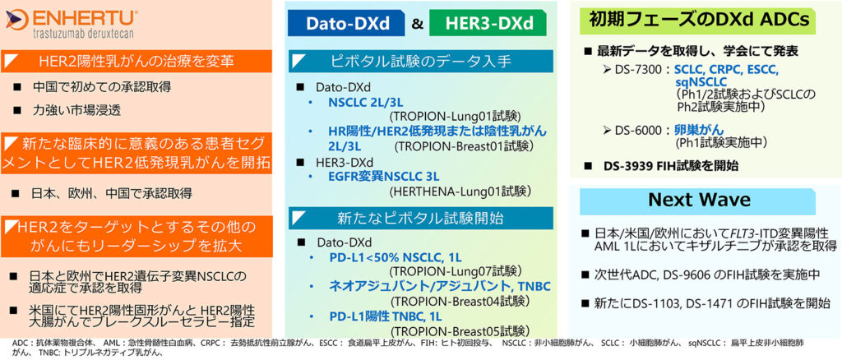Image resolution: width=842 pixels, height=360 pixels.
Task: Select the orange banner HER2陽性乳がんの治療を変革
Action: [136, 61]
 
